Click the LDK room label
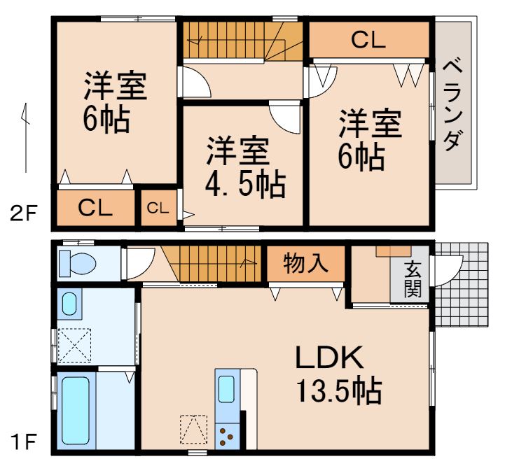click(328, 359)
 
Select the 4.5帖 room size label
click(244, 184)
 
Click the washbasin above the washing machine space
click(70, 304)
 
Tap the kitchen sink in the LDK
click(227, 388)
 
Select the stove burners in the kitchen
click(227, 436)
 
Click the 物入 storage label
click(305, 264)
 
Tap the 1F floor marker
click(22, 442)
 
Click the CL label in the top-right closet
click(368, 41)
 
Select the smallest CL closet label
click(158, 208)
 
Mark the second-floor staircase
click(242, 41)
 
